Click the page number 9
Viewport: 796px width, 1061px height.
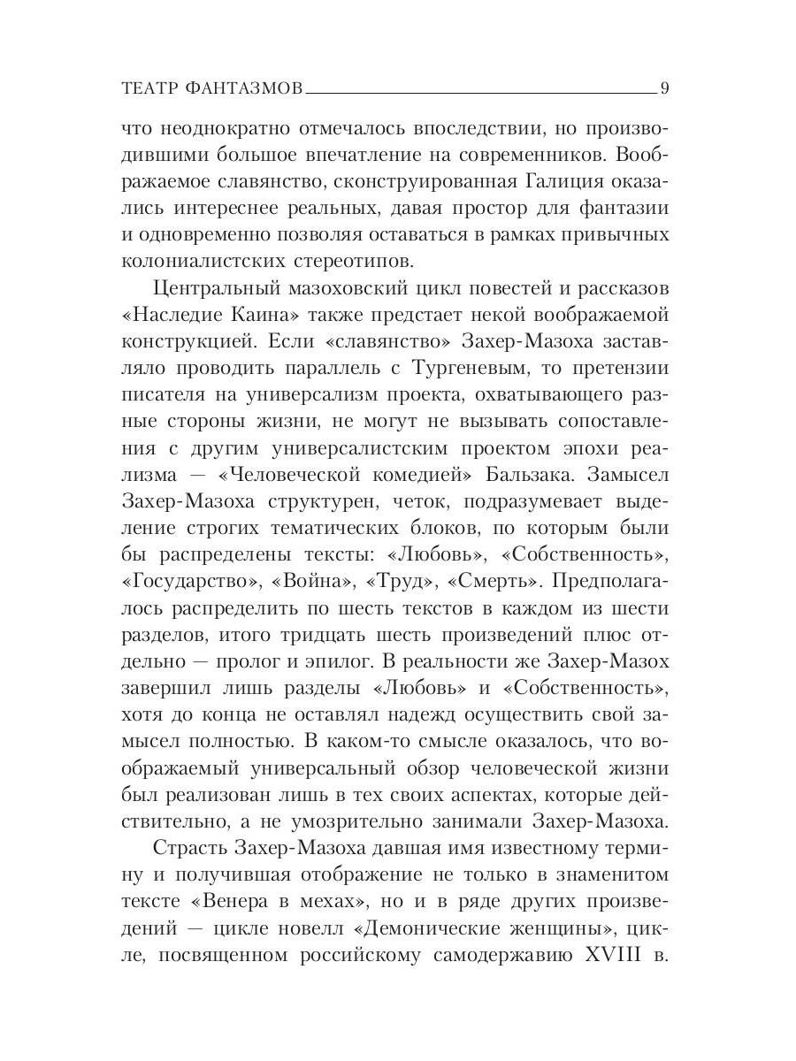[x=664, y=88]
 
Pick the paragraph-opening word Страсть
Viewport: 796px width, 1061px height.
[x=190, y=851]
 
